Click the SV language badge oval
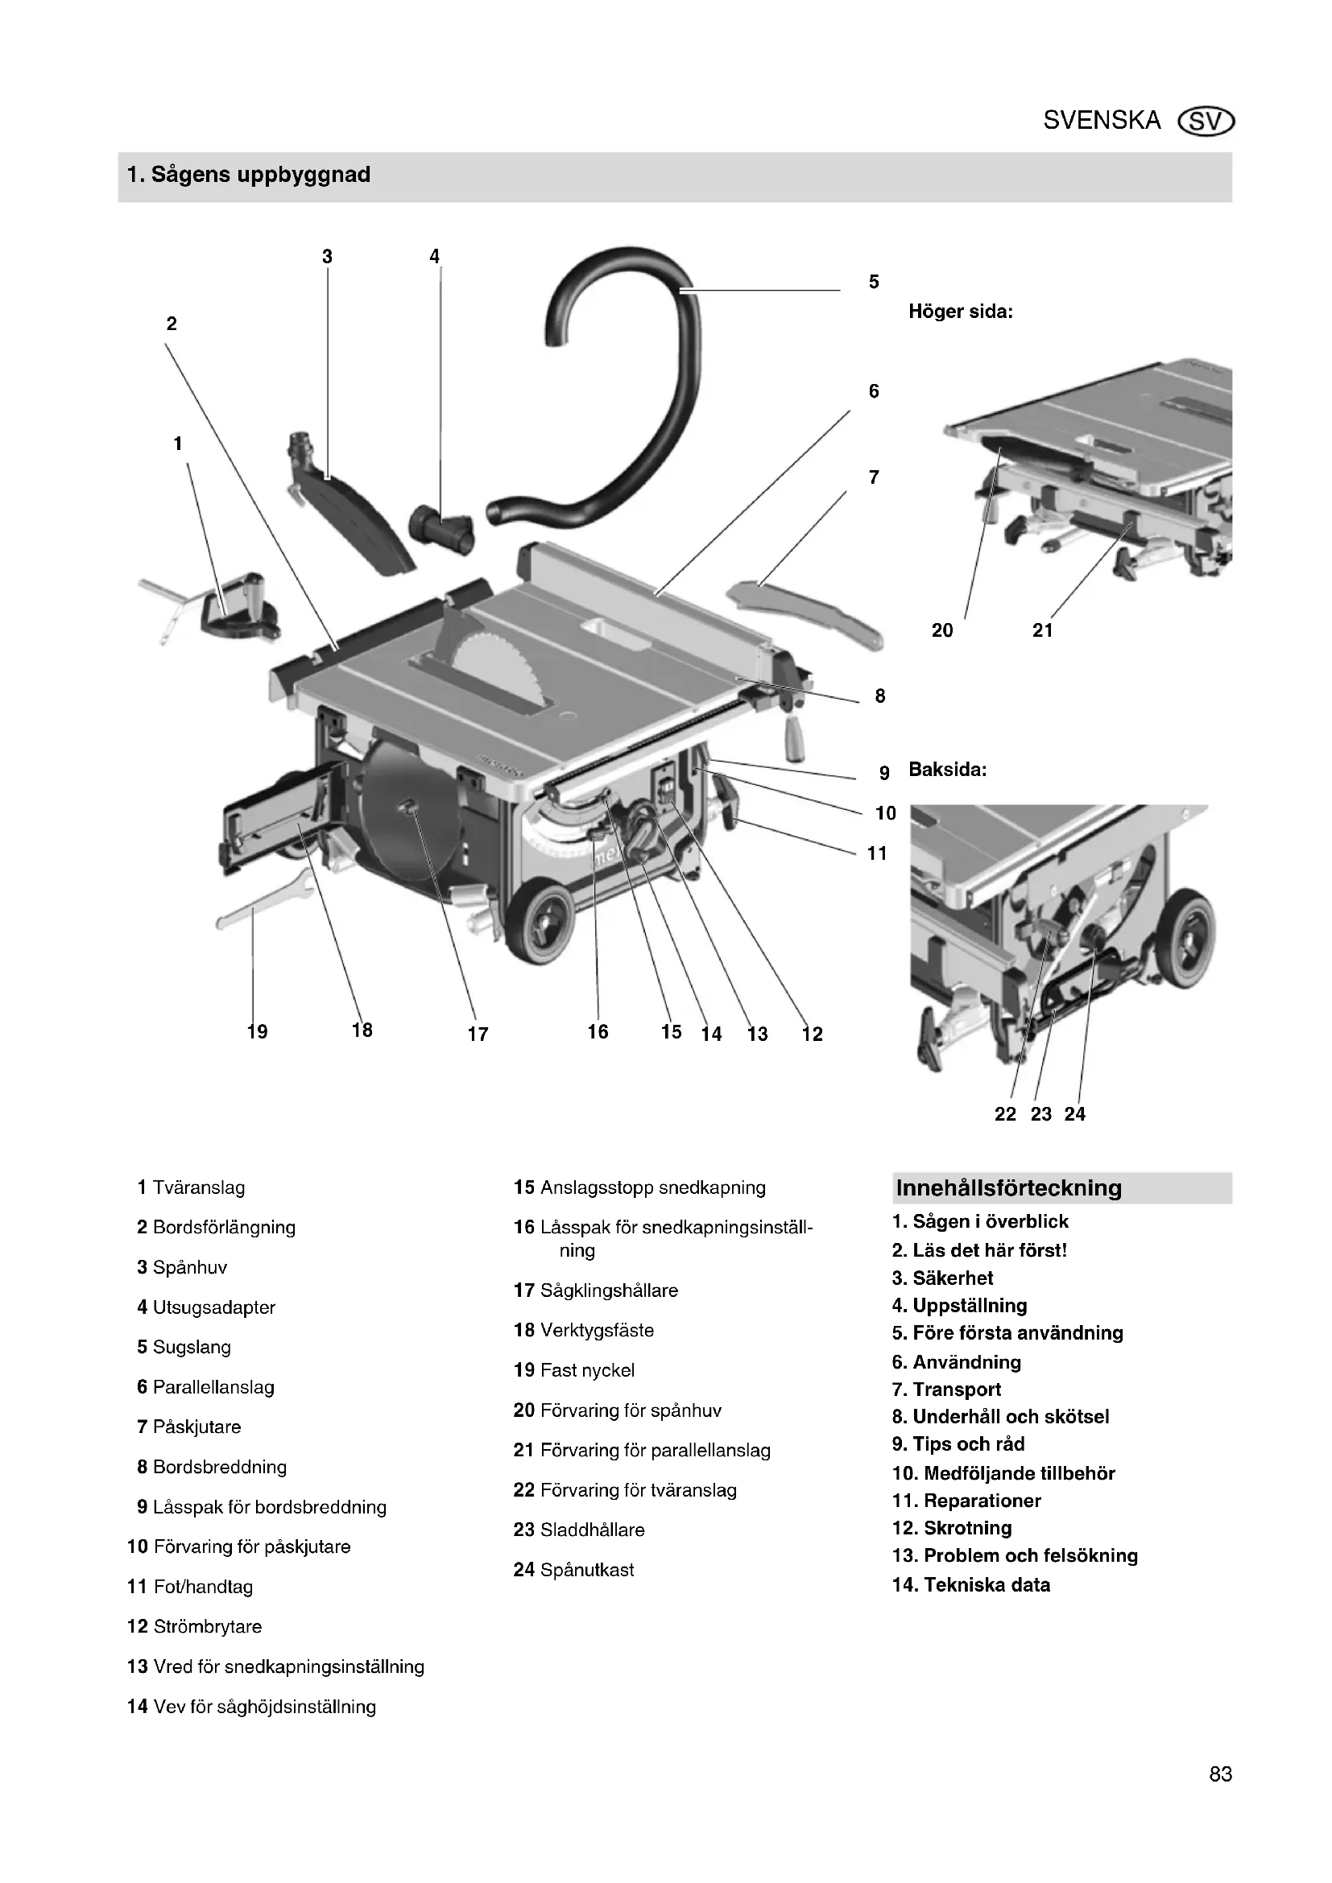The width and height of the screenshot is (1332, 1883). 1205,122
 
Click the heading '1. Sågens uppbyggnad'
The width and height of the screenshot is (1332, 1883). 249,175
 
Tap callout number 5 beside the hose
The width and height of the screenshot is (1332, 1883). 874,282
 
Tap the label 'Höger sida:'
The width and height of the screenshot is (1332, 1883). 961,312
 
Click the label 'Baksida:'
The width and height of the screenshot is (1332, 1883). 947,770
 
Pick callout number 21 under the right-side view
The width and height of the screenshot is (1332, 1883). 1042,630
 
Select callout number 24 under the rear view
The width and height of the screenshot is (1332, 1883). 1074,1113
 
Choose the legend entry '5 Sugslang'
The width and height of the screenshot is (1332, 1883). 184,1347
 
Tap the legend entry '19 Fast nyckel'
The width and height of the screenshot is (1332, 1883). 573,1369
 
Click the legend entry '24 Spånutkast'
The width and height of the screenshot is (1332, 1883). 573,1570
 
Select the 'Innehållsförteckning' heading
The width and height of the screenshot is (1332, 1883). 1009,1187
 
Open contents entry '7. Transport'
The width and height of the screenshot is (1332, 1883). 946,1390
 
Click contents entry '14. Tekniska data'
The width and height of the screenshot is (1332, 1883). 971,1584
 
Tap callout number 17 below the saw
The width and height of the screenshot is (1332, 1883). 478,1034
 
